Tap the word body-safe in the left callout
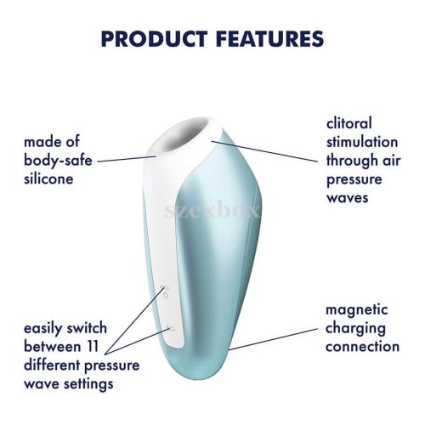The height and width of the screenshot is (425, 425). [x=59, y=159]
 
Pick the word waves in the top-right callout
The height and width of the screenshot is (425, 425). [x=348, y=197]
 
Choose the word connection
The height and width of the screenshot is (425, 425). [x=362, y=347]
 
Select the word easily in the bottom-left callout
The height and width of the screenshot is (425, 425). [x=48, y=329]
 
